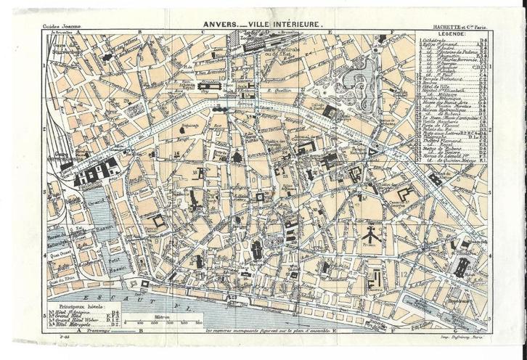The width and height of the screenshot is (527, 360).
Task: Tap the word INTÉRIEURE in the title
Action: coord(297,23)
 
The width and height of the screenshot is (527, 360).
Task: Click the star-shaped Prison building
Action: coord(369,234)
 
